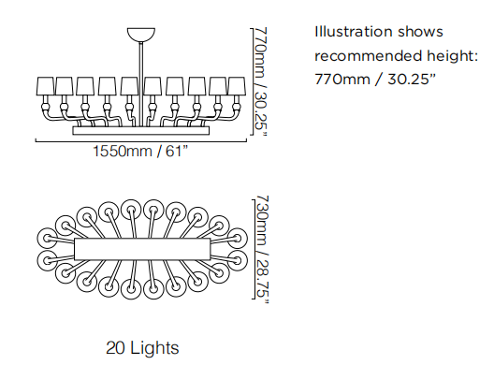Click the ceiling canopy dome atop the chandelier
(141, 34)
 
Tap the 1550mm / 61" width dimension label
(140, 151)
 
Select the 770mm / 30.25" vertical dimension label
(261, 82)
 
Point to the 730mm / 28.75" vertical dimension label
(261, 249)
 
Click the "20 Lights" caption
(142, 348)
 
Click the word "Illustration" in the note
(354, 32)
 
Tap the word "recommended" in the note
(369, 56)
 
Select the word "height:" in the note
(453, 56)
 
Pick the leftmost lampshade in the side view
(46, 86)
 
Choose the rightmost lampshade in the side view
(237, 86)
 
